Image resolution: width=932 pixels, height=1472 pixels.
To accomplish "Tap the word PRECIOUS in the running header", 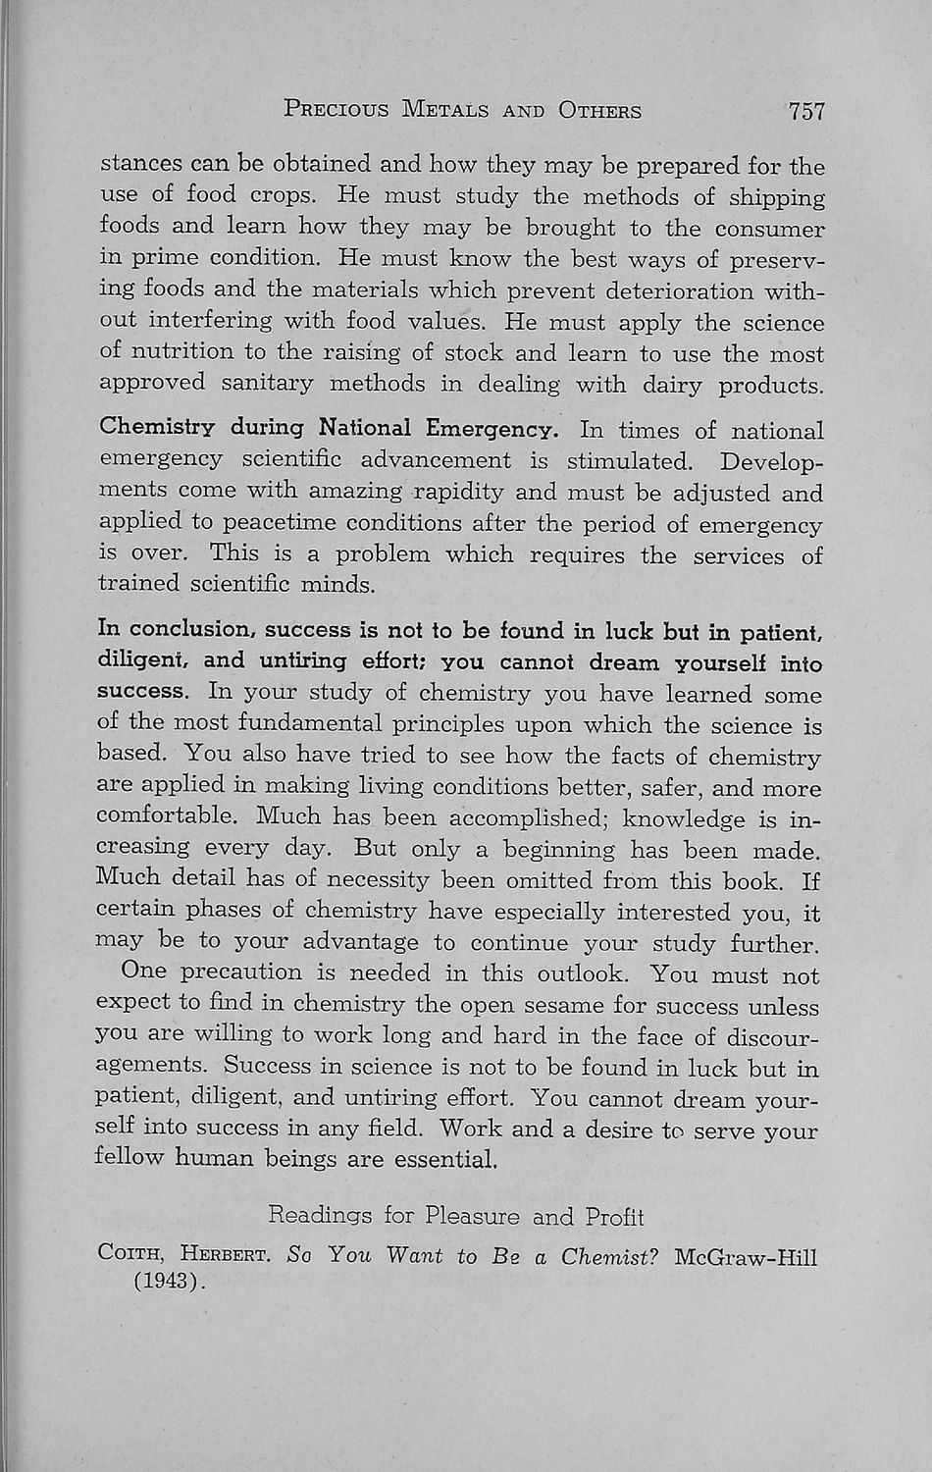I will coord(337,109).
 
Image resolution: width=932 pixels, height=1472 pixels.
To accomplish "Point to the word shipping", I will coord(776,198).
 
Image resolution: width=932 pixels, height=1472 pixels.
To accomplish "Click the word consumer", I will coord(769,230).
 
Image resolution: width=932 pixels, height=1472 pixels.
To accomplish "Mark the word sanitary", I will coord(267,384).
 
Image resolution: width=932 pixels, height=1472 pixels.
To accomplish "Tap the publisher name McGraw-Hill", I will coord(746,1257).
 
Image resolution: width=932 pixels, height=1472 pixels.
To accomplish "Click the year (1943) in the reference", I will coord(169,1282).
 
